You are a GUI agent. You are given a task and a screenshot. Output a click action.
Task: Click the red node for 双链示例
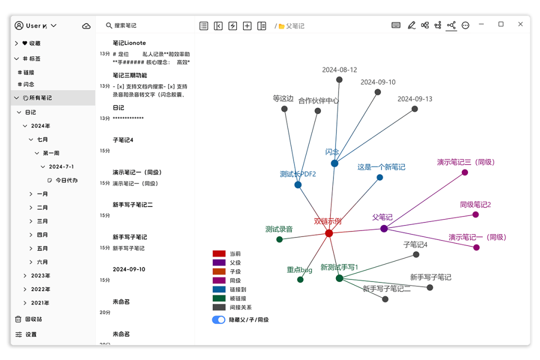point(329,233)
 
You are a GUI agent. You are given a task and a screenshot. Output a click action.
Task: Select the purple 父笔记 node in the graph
point(384,228)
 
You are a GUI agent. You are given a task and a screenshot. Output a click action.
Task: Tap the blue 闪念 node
point(334,163)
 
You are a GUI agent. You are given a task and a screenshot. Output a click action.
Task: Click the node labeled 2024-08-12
point(339,79)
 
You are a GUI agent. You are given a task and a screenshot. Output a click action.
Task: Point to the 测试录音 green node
point(279,239)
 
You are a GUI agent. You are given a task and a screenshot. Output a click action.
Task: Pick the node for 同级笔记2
point(475,214)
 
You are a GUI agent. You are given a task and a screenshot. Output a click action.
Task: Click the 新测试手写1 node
point(339,278)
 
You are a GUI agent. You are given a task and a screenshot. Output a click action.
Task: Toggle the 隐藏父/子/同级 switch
point(218,319)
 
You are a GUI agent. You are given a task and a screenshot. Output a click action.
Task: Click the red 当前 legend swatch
point(219,253)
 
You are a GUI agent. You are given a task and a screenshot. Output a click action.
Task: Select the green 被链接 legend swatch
point(219,298)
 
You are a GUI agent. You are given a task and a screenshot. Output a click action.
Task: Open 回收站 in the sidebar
point(33,319)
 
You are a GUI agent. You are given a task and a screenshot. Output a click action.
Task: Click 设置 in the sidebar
point(31,334)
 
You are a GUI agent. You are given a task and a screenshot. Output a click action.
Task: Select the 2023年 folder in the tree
point(40,275)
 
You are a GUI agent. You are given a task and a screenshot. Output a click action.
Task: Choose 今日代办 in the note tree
point(66,180)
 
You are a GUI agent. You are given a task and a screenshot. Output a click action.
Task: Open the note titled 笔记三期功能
point(130,75)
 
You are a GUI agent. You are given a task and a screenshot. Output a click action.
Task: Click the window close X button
point(520,24)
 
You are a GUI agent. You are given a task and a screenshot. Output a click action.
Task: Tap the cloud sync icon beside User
point(86,26)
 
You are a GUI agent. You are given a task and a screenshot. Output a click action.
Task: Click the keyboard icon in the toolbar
point(396,25)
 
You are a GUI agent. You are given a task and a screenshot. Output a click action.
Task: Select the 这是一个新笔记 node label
point(381,167)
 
